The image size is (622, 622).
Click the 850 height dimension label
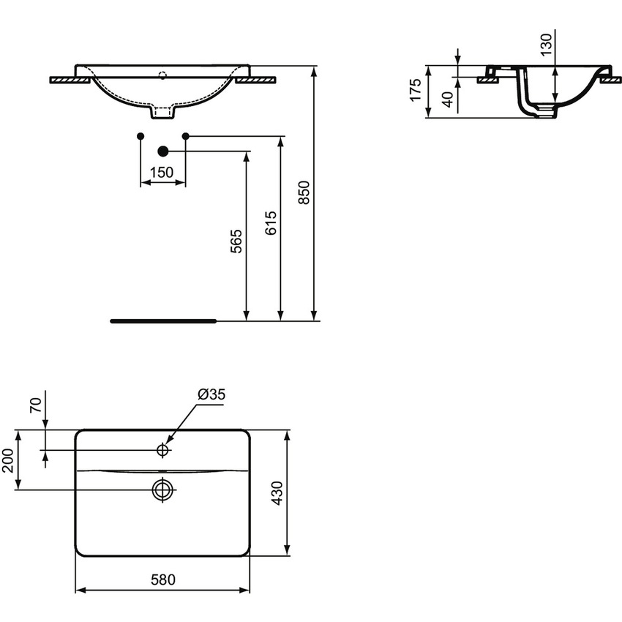306,192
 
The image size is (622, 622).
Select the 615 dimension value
270,222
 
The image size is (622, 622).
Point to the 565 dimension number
236,240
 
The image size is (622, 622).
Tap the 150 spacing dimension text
162,173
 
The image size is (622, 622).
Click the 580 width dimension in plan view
163,580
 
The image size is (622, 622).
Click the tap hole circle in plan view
162,449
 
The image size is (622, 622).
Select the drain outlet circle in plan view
162,489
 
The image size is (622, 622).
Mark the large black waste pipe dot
162,151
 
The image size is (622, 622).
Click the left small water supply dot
140,136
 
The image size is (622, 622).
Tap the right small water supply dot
185,136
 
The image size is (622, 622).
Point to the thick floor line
163,321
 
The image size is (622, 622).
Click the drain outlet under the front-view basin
163,113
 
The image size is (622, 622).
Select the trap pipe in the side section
533,102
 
